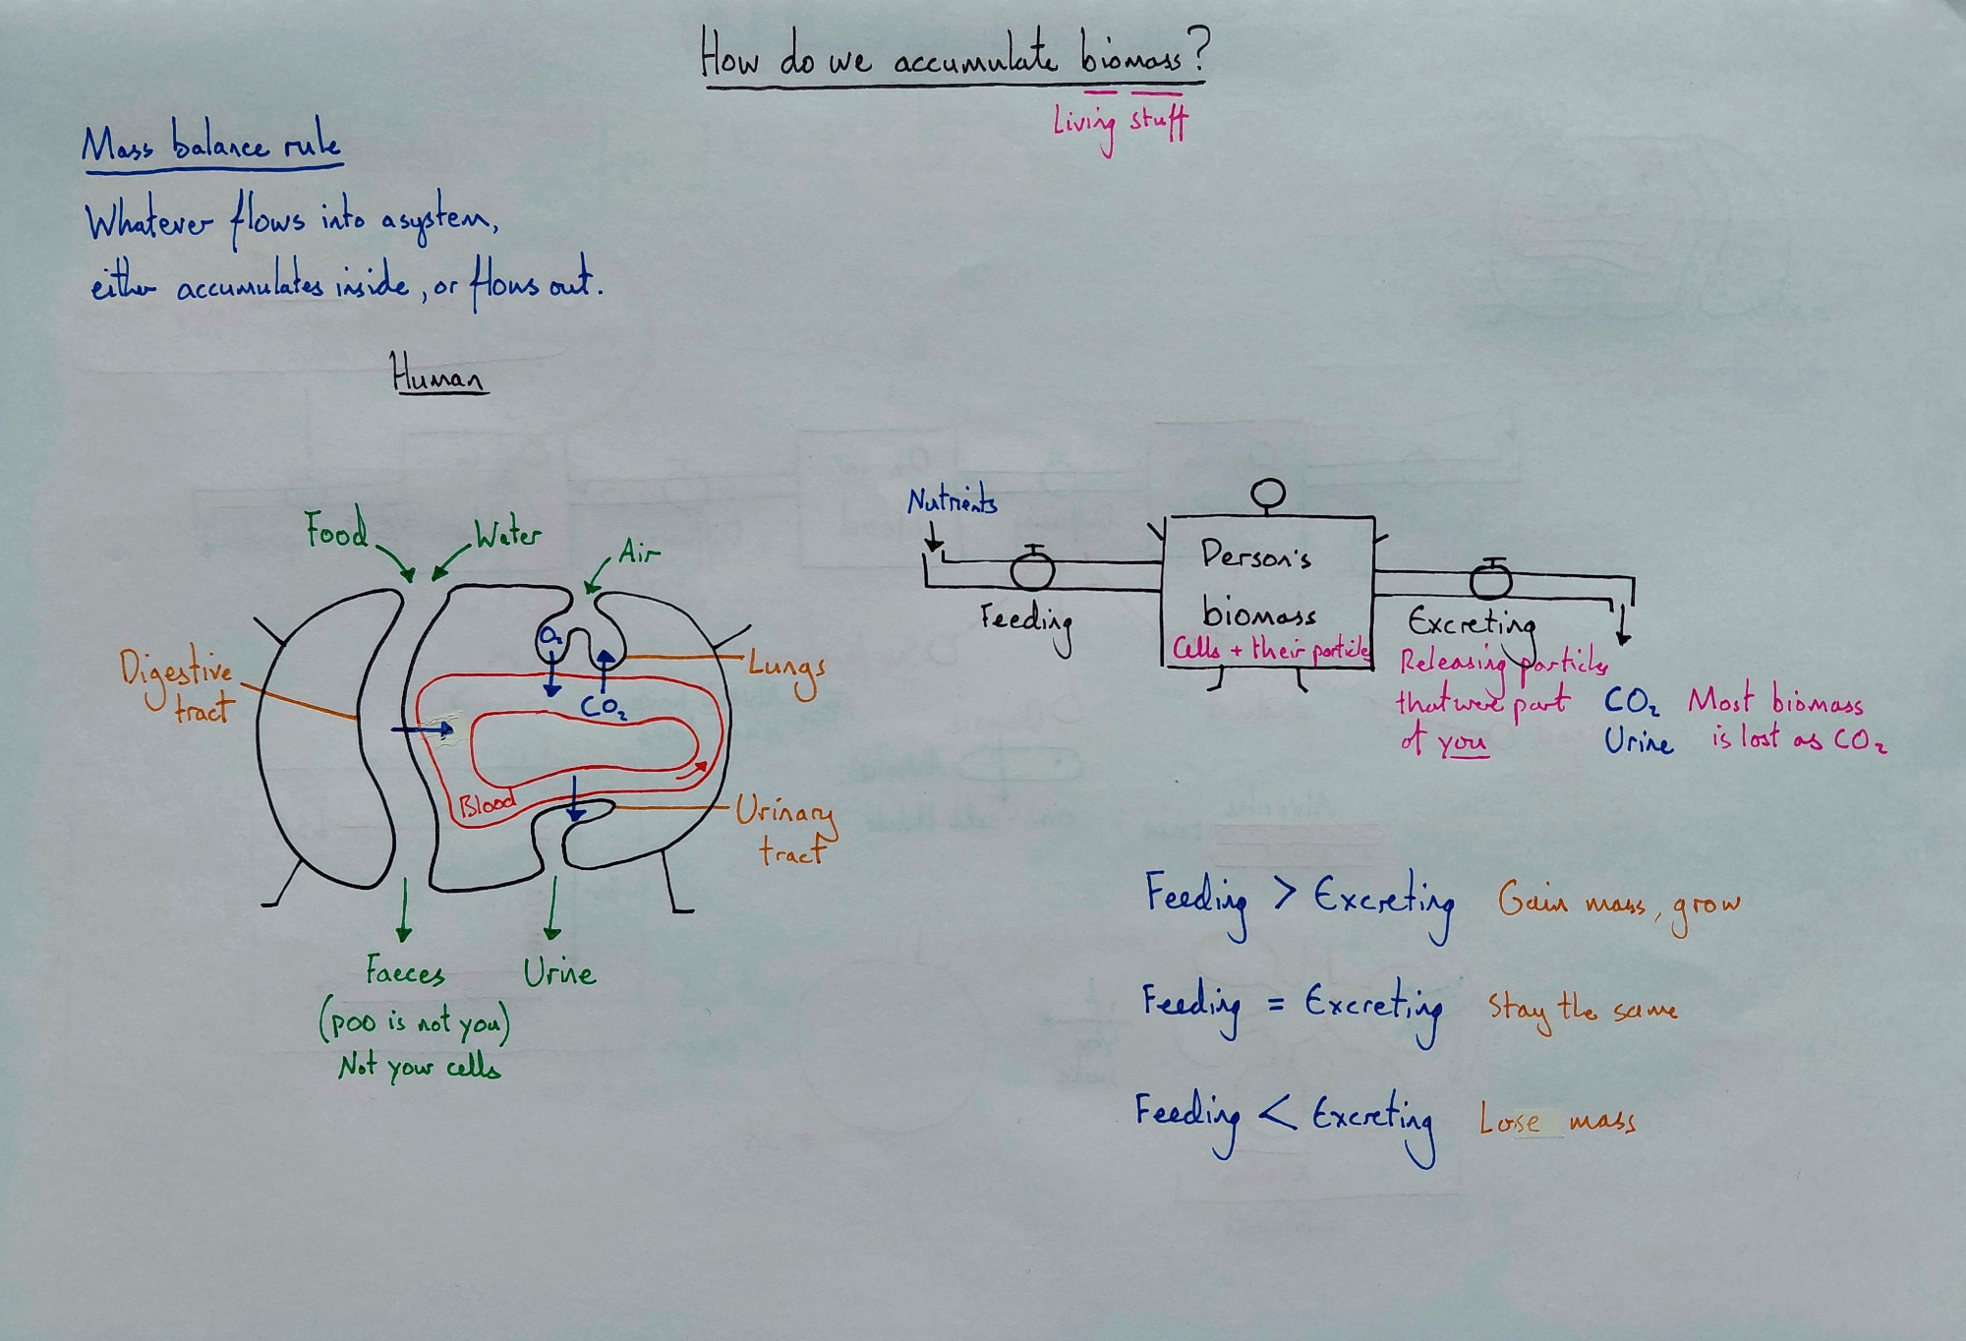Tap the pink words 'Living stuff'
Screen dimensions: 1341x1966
pos(1120,125)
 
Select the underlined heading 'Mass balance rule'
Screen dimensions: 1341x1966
pos(211,146)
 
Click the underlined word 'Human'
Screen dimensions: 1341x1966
pos(438,375)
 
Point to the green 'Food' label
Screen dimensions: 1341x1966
pos(336,531)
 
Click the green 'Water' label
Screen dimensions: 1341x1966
pos(507,536)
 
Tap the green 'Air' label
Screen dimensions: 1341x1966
pos(639,554)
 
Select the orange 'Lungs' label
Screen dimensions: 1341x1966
pos(786,669)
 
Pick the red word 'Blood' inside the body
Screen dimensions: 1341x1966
pos(488,803)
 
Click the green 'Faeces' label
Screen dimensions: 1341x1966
pos(405,972)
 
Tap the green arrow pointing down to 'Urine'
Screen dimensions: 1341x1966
pos(552,906)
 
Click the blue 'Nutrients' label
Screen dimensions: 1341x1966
pos(952,502)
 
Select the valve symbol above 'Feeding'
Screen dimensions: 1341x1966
pos(1032,567)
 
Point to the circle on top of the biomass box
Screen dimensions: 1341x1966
pos(1268,492)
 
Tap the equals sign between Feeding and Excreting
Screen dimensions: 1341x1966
pos(1275,1005)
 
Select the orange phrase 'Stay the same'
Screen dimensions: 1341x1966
pos(1581,1010)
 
